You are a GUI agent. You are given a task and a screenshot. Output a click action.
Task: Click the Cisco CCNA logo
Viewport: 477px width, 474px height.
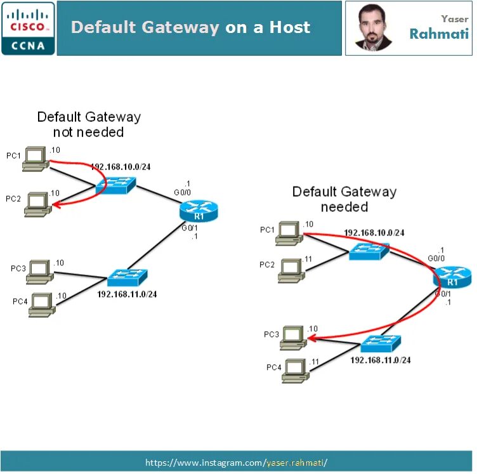(28, 28)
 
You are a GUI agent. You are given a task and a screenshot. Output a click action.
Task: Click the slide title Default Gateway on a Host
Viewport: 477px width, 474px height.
(190, 27)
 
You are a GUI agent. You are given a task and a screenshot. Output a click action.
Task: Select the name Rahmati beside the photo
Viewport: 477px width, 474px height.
(438, 34)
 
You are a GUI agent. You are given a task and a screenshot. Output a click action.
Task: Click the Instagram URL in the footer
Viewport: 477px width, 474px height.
(236, 462)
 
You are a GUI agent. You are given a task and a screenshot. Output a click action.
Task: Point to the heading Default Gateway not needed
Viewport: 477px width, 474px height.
(89, 124)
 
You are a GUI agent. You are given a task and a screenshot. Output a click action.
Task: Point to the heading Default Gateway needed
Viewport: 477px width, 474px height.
(344, 199)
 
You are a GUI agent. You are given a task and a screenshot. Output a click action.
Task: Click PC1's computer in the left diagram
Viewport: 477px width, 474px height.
(36, 159)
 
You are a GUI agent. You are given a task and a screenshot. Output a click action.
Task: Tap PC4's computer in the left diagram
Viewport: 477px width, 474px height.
(42, 303)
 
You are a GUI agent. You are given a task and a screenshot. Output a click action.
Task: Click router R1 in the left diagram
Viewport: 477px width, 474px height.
(199, 210)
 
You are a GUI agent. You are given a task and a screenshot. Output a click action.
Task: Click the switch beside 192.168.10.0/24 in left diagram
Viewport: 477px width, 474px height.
(115, 185)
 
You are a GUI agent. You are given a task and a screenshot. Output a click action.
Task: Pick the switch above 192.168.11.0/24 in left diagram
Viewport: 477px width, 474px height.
(127, 277)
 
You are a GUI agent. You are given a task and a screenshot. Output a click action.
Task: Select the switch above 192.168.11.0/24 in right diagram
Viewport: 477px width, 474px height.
(381, 344)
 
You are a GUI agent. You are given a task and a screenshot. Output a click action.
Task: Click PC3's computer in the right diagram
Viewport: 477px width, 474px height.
(294, 337)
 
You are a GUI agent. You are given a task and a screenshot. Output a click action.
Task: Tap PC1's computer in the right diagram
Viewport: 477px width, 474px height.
(290, 232)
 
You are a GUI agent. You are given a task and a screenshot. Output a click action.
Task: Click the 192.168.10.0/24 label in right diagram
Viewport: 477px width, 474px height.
(374, 233)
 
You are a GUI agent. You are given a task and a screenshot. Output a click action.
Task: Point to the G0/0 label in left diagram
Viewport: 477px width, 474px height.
(183, 192)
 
